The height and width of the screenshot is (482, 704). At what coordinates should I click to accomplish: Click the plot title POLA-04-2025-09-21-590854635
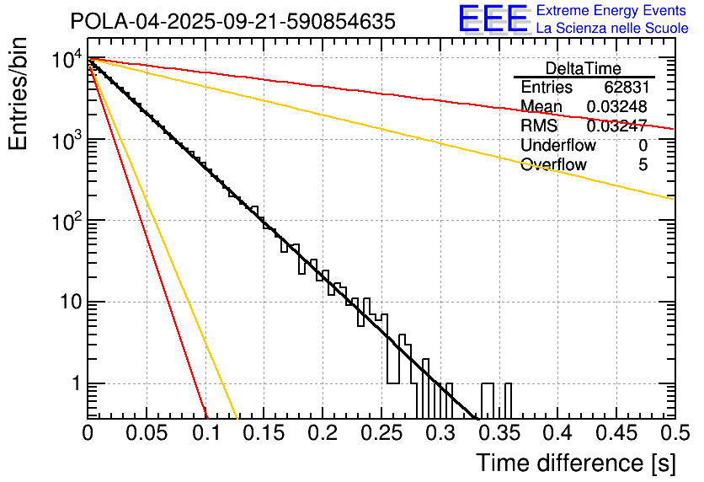pos(232,22)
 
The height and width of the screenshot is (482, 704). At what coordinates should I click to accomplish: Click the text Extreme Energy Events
pos(612,11)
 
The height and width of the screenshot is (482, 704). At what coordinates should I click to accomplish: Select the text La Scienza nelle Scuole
pos(612,28)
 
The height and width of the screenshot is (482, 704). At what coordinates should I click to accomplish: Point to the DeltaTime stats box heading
pos(584,68)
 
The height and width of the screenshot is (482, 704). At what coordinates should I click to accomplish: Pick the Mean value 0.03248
pos(617,106)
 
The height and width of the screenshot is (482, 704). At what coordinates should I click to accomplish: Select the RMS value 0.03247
pos(617,126)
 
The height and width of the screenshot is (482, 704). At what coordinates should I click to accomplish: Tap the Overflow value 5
pos(643,164)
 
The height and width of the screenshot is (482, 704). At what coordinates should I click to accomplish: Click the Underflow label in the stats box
pos(554,145)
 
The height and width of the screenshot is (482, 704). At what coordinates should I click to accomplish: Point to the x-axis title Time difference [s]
pos(575,463)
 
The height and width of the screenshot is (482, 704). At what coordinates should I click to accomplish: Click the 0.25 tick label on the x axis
pos(381,432)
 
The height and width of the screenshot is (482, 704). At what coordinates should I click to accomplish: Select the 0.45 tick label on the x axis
pos(615,432)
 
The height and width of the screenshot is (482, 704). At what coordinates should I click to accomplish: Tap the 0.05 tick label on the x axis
pos(147,432)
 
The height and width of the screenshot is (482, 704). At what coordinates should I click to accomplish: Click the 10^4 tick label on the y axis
pos(66,60)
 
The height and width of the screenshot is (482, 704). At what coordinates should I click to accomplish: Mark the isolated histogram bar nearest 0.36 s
pos(508,400)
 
